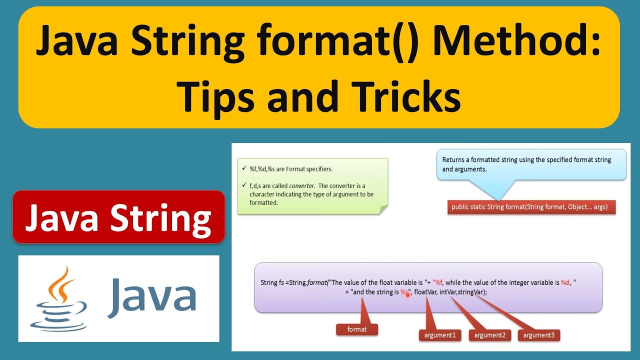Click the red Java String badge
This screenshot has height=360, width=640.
click(x=118, y=217)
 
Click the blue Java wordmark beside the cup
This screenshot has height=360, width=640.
click(x=151, y=298)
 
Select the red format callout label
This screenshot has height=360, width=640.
click(x=357, y=329)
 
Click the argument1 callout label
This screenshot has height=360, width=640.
click(x=439, y=335)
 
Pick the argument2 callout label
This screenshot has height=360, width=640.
click(x=489, y=335)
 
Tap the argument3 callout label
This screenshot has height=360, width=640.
click(x=538, y=335)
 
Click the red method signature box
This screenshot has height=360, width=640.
click(x=530, y=206)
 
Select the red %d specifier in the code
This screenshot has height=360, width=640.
click(x=565, y=282)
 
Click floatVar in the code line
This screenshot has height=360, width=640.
click(x=425, y=292)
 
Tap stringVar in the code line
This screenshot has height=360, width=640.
click(x=470, y=292)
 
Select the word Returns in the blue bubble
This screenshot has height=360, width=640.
click(x=454, y=160)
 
